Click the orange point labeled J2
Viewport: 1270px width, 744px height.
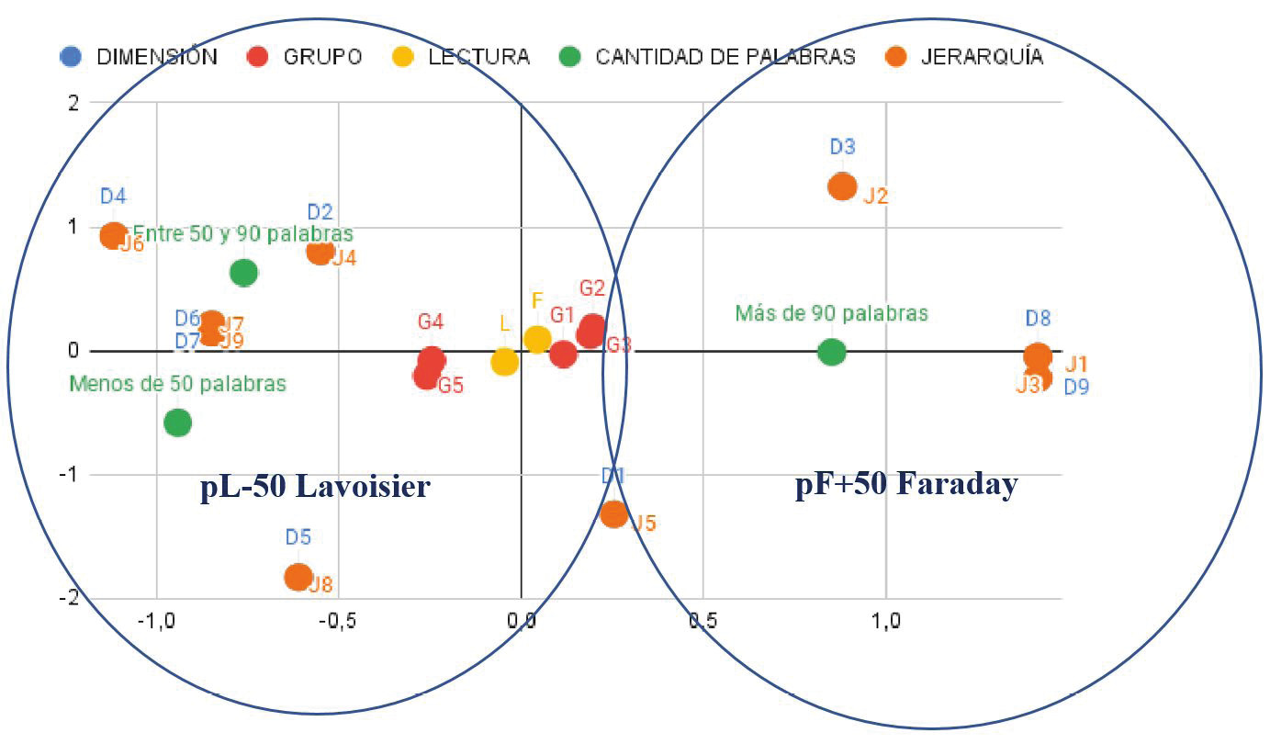coord(842,187)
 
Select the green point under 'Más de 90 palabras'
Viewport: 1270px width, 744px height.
coord(831,352)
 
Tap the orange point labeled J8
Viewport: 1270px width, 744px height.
coord(298,577)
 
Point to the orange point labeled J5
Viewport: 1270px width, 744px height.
coord(614,513)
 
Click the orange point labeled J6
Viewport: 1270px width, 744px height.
coord(113,236)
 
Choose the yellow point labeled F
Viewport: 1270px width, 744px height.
coord(537,339)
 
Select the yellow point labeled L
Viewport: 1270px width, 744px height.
coord(504,362)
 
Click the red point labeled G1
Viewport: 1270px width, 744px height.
coord(563,354)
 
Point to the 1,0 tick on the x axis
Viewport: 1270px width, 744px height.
coord(885,621)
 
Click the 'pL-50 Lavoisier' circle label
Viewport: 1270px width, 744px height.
coord(315,486)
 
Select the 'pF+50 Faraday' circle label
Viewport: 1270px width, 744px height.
coord(905,484)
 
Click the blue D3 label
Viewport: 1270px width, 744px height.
coord(843,147)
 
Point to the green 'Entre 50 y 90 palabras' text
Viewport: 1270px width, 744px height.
coord(242,234)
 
